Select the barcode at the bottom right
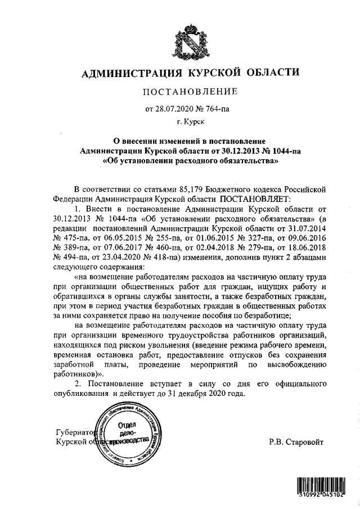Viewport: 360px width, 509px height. pos(324,488)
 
